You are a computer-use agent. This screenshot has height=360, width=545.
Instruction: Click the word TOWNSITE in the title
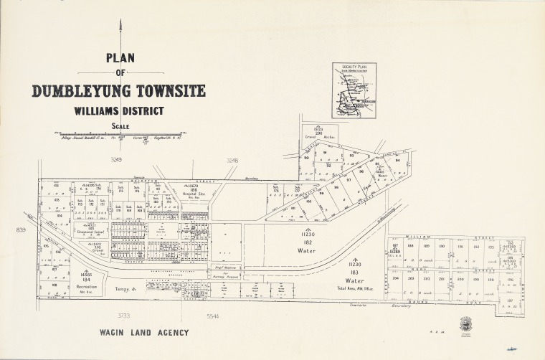167,91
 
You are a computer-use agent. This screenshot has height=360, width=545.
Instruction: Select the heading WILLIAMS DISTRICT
118,111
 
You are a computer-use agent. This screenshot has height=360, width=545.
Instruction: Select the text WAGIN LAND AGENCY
140,333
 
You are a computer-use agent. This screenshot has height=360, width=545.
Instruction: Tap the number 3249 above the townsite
118,161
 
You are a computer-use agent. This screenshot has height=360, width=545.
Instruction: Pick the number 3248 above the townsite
232,161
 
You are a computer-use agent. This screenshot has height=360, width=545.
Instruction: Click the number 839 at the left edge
20,229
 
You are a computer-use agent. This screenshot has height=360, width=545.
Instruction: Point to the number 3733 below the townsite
124,316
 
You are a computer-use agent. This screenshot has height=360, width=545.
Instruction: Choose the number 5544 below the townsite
213,316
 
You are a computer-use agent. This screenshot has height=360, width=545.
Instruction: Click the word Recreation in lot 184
87,286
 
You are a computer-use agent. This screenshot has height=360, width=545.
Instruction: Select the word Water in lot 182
308,252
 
